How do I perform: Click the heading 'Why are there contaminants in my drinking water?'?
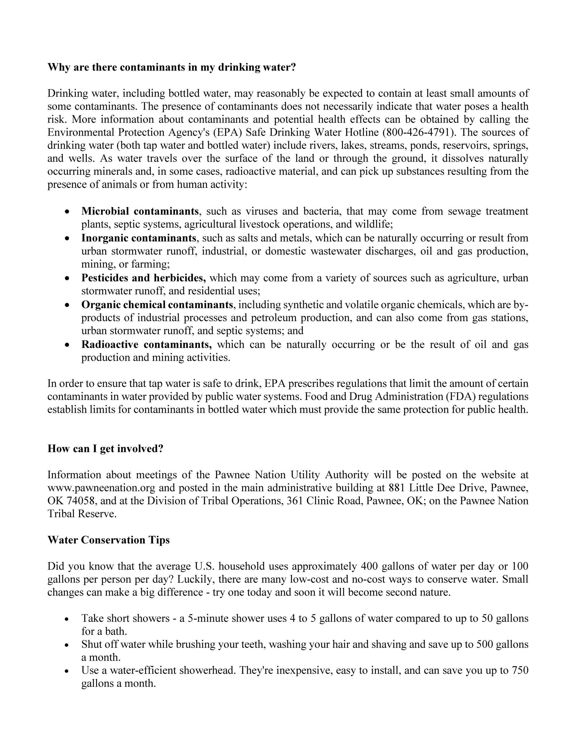172,67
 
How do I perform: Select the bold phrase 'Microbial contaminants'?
140,211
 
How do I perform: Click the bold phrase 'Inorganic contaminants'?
139,238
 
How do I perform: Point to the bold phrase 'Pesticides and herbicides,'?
143,278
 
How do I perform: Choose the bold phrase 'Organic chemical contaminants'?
157,304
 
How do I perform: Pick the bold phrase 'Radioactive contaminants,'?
146,344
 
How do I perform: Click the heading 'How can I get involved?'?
105,448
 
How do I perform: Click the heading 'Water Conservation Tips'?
109,540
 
